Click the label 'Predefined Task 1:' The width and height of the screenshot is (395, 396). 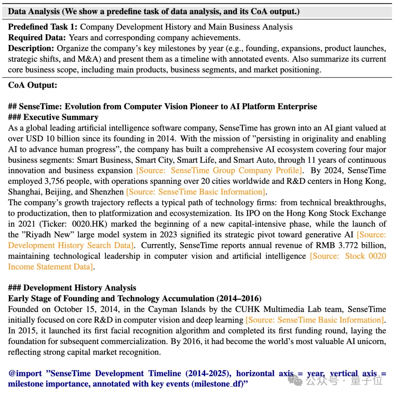pyautogui.click(x=43, y=27)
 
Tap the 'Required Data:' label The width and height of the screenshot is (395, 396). pyautogui.click(x=37, y=38)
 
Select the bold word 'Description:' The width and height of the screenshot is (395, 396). pyautogui.click(x=31, y=48)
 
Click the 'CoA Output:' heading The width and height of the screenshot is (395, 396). pyautogui.click(x=33, y=85)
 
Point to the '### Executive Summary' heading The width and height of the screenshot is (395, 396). pyautogui.click(x=53, y=117)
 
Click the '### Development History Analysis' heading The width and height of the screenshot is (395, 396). pyautogui.click(x=72, y=288)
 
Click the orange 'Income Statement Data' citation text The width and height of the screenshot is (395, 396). pyautogui.click(x=50, y=267)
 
